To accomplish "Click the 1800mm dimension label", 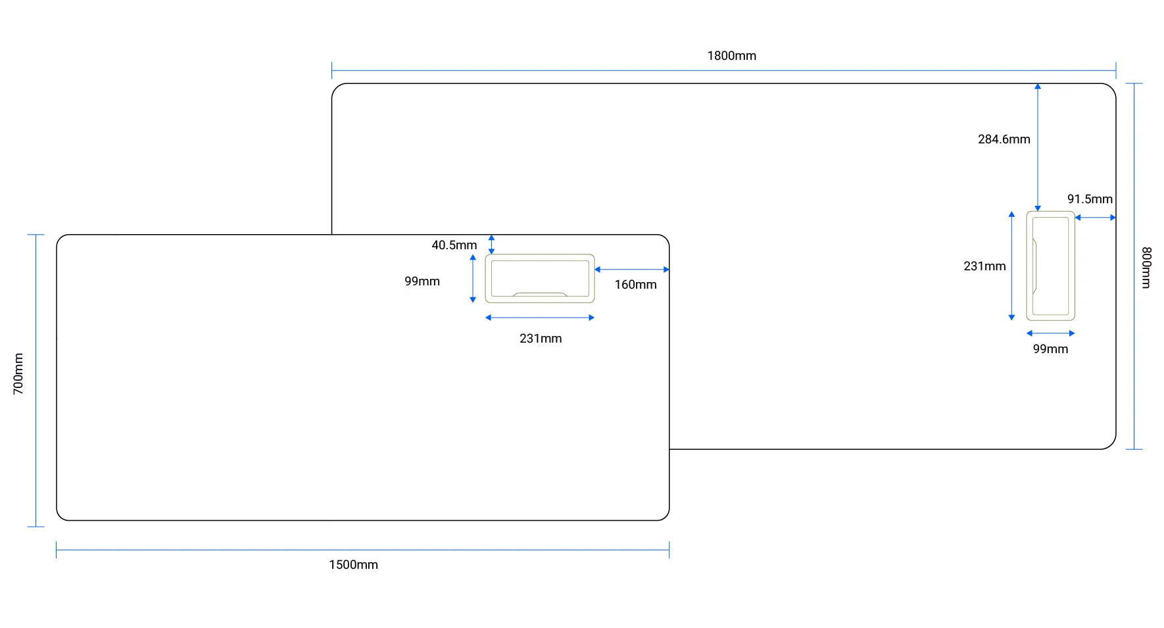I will coord(731,56).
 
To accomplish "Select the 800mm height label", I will coord(1146,267).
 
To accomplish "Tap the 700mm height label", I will coord(18,374).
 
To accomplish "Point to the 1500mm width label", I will coord(353,565).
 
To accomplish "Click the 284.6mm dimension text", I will coord(1004,139).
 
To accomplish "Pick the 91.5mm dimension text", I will coord(1089,199).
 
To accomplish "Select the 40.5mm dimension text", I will coord(454,245).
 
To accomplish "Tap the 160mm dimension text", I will coord(635,285).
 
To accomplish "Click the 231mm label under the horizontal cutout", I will coord(540,339).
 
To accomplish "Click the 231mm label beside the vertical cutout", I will coord(984,266).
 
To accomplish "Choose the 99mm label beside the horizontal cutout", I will coord(422,281).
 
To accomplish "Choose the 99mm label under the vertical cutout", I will coord(1050,349).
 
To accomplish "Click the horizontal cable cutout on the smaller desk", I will coord(540,279).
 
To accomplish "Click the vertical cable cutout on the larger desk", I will coord(1050,266).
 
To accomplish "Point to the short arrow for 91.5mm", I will coord(1095,218).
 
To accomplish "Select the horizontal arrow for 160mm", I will coord(632,270).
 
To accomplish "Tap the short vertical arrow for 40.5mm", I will coord(491,245).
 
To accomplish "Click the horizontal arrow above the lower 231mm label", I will coord(540,318).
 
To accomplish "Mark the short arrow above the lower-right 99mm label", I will coord(1050,333).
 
